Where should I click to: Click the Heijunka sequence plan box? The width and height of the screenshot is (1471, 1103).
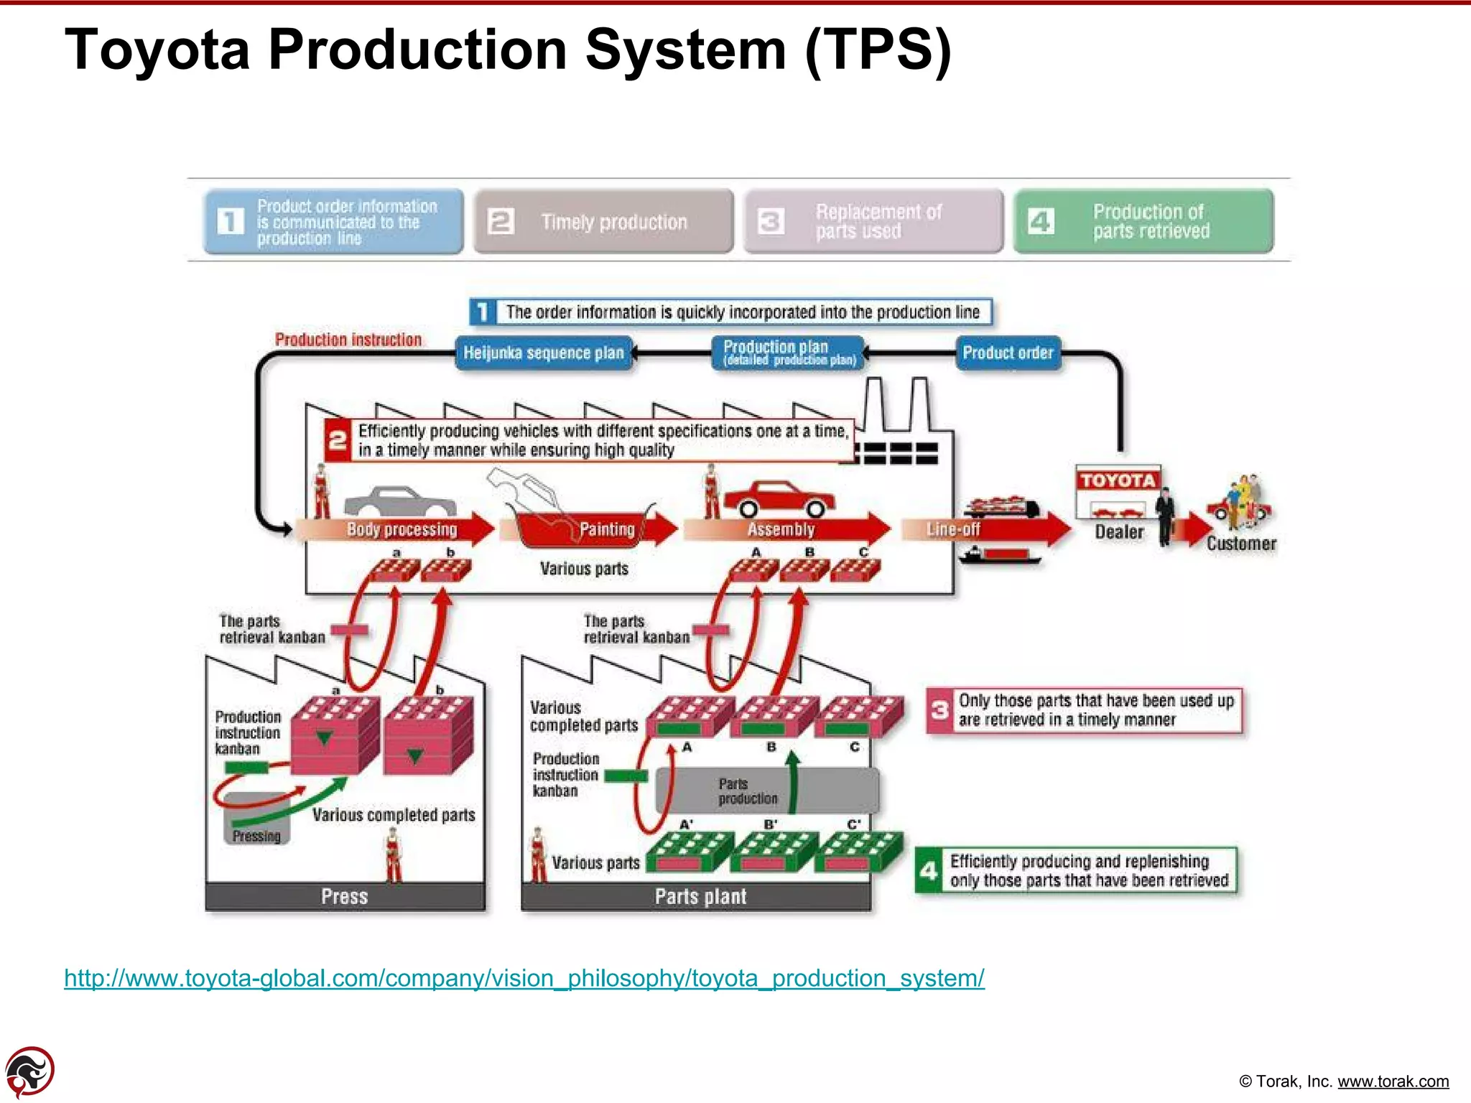(544, 353)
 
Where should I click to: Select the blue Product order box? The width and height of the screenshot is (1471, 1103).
(1008, 353)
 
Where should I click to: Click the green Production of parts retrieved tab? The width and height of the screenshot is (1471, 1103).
(1143, 221)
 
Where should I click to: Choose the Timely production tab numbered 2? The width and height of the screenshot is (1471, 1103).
(603, 221)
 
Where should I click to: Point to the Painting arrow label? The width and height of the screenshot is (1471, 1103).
(607, 530)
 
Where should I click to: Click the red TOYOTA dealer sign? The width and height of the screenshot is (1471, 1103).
(1118, 480)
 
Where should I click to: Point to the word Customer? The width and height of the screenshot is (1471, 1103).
(1241, 544)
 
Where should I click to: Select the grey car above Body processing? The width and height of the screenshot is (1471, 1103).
(399, 501)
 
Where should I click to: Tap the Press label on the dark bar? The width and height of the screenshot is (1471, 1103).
(345, 897)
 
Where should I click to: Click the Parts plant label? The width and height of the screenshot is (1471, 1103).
(700, 897)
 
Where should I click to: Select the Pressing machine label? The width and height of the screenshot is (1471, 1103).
(256, 837)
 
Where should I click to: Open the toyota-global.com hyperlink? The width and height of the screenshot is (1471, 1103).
(524, 979)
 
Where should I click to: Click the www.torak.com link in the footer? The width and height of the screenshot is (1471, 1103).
(1393, 1081)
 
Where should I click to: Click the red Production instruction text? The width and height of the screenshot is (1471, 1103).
(348, 340)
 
